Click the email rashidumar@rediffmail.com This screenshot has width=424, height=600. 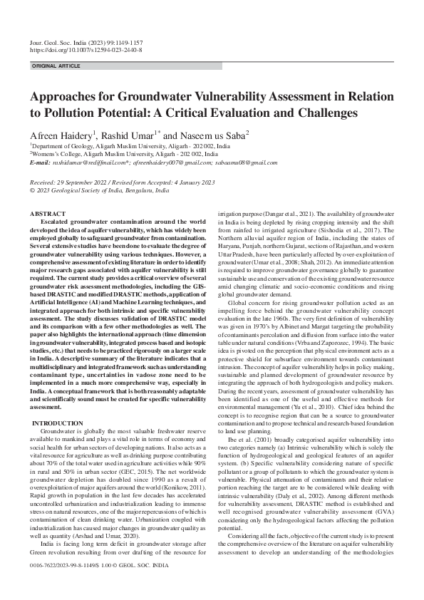pyautogui.click(x=78, y=162)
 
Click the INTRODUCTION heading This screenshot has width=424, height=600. pyautogui.click(x=58, y=424)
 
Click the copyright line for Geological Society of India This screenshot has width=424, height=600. pyautogui.click(x=100, y=191)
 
